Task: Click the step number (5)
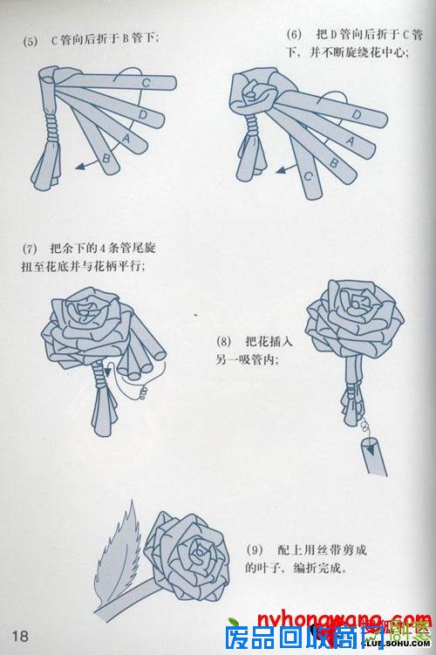31,39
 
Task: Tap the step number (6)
293,33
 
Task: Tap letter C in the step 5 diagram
146,83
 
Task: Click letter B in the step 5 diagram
106,157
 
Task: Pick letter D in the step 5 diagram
140,113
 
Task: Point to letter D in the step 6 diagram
357,115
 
